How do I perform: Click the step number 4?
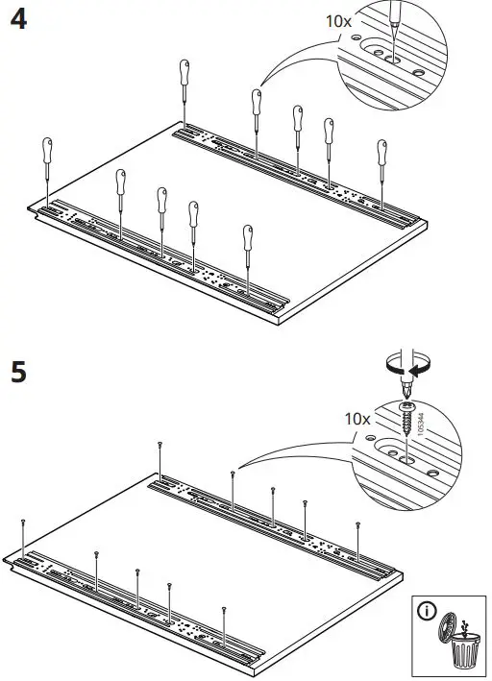(16, 22)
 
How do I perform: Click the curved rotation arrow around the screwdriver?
(405, 366)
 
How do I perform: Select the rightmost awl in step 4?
(381, 158)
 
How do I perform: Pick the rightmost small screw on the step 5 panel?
(357, 526)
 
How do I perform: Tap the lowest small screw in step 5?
(223, 610)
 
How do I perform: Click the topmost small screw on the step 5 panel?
(160, 444)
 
